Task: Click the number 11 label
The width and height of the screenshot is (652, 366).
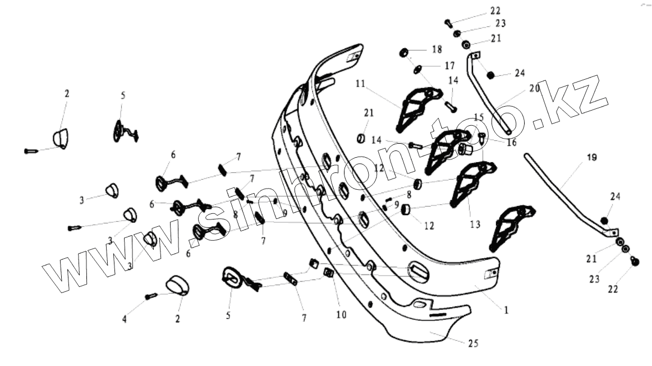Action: click(360, 84)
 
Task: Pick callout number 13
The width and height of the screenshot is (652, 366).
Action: click(475, 225)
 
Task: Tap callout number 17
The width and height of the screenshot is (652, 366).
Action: click(449, 65)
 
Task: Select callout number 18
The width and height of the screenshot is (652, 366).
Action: click(437, 49)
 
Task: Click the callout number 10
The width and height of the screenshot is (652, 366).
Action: click(342, 315)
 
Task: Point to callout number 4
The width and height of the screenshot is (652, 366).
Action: click(125, 319)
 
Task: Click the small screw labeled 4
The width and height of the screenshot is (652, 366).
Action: click(151, 295)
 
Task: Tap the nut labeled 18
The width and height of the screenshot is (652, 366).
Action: click(403, 53)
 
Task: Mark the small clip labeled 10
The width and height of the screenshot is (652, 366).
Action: click(330, 273)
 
